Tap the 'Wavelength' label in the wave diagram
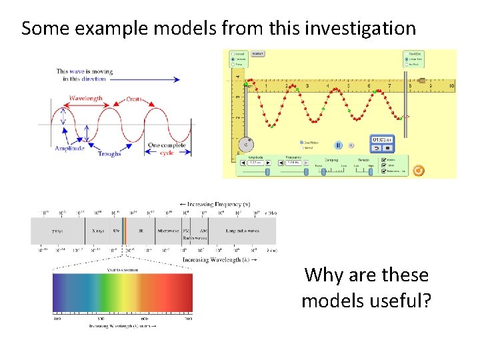pyautogui.click(x=86, y=99)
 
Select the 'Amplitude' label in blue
pyautogui.click(x=70, y=149)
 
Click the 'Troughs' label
pyautogui.click(x=109, y=154)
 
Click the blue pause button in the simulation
pyautogui.click(x=339, y=145)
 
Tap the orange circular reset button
pyautogui.click(x=418, y=171)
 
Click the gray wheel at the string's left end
pyautogui.click(x=246, y=144)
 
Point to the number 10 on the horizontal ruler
pyautogui.click(x=451, y=87)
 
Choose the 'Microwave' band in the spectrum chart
pyautogui.click(x=168, y=230)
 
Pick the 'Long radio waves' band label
pyautogui.click(x=243, y=230)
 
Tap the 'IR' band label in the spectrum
pyautogui.click(x=141, y=230)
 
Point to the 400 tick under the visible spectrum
pyautogui.click(x=57, y=319)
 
